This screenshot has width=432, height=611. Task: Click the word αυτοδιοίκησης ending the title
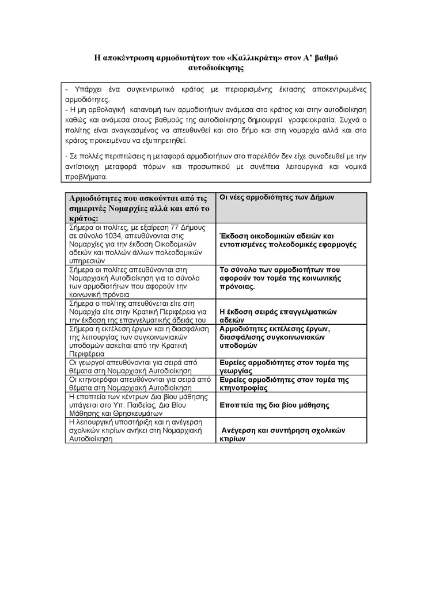pos(216,67)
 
